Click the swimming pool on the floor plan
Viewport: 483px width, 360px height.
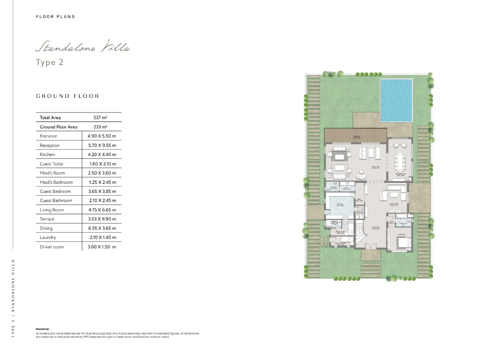tap(396, 100)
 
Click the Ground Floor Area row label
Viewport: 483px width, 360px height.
tap(58, 127)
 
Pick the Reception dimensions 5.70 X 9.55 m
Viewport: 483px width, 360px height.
tap(102, 145)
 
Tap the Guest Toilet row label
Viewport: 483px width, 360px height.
tap(51, 164)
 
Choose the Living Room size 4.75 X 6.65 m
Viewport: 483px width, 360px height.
tap(102, 210)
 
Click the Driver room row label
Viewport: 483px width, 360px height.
tap(51, 247)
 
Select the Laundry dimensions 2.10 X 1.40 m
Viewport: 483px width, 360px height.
tap(102, 238)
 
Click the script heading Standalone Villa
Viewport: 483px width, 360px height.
tap(83, 47)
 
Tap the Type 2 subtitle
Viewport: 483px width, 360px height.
tap(50, 62)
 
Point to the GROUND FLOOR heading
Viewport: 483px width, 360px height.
tap(67, 96)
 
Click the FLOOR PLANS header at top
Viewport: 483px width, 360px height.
tap(55, 17)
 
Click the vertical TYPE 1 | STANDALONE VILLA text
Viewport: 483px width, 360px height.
tap(13, 298)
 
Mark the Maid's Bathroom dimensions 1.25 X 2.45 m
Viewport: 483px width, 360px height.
tap(102, 182)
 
